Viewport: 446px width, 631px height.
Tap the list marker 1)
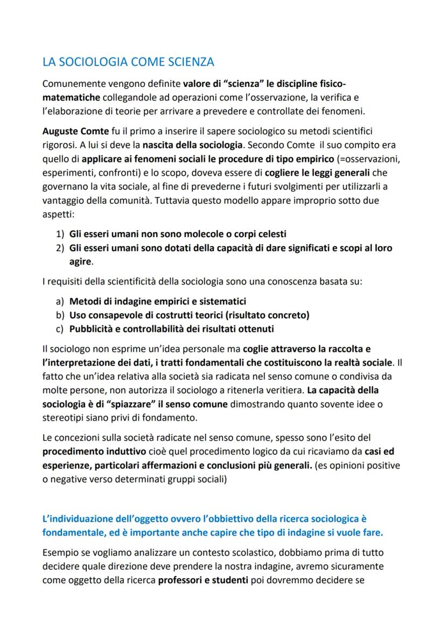point(60,234)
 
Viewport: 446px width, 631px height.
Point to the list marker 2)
point(60,248)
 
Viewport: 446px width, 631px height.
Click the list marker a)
point(60,301)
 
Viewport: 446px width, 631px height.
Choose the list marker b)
point(60,315)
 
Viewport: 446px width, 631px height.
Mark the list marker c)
point(60,329)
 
